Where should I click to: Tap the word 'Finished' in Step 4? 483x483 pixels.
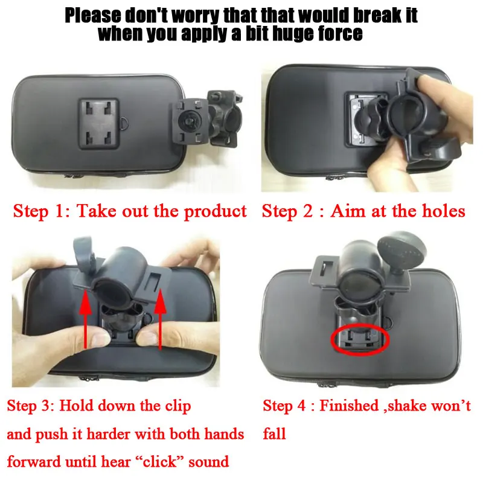[348, 406]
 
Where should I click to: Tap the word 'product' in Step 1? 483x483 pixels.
[216, 211]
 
